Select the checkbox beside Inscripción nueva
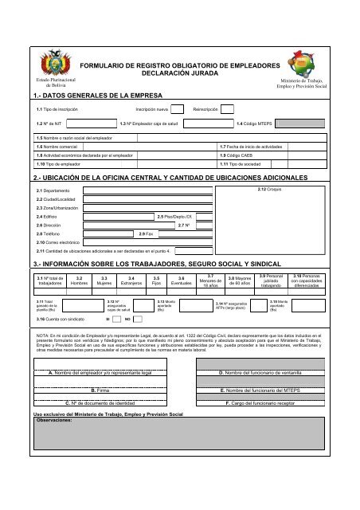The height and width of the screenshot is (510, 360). (182, 109)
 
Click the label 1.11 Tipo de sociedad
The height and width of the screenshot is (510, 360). (243, 163)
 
